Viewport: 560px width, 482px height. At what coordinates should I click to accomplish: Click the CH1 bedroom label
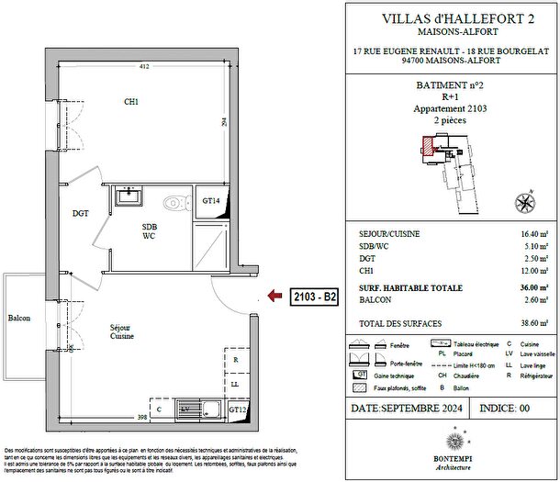click(x=131, y=102)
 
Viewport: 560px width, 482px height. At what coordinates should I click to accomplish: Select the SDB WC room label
click(x=149, y=231)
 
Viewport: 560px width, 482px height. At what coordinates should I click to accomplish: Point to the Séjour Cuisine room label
click(x=123, y=332)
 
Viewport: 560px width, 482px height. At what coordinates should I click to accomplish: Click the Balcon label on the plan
click(x=19, y=318)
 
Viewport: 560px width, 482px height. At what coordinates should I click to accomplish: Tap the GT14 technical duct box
click(x=211, y=201)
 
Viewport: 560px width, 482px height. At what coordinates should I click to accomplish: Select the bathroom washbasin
click(x=128, y=196)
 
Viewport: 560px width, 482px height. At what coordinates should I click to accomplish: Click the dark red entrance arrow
click(x=274, y=296)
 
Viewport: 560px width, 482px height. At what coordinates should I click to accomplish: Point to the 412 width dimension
click(x=144, y=67)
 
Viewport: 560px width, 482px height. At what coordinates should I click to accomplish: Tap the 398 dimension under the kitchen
click(x=142, y=419)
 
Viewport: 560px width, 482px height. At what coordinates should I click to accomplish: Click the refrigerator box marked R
click(x=236, y=361)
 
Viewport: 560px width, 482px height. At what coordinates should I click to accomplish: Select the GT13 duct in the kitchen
click(x=238, y=409)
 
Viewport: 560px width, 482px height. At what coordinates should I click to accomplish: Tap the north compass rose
click(x=526, y=203)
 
